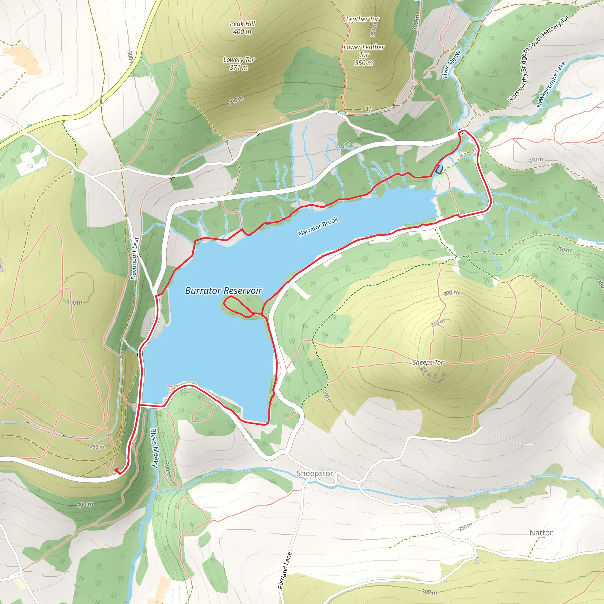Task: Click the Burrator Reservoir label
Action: click(x=223, y=291)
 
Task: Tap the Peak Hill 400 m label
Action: click(x=242, y=27)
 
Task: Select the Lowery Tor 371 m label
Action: click(x=239, y=63)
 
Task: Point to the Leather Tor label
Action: click(x=362, y=19)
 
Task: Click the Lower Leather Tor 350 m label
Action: click(x=364, y=55)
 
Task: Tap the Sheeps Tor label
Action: click(x=428, y=362)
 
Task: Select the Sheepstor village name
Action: click(x=314, y=473)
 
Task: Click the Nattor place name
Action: click(x=541, y=533)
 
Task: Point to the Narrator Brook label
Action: click(x=318, y=227)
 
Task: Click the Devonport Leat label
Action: click(x=134, y=258)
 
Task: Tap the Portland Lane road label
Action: click(x=285, y=571)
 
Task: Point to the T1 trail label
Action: click(x=369, y=109)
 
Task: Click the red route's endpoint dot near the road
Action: click(x=116, y=470)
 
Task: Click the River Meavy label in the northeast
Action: click(x=451, y=64)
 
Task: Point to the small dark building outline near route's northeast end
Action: click(x=439, y=170)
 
